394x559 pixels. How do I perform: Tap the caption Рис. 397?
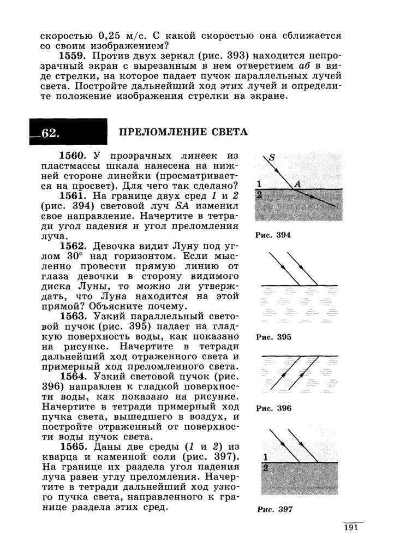274,510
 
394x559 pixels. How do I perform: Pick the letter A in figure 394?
297,184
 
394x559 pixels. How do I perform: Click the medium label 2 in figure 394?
260,194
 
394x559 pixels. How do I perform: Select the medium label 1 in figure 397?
265,457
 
